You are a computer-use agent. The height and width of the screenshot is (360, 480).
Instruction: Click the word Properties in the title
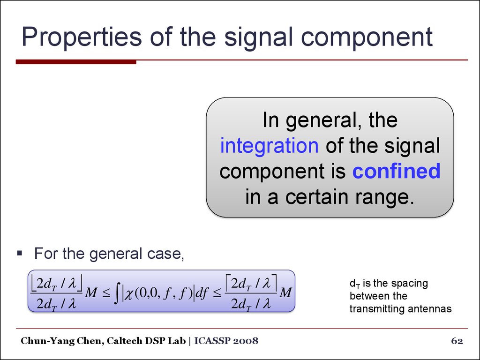tap(82, 37)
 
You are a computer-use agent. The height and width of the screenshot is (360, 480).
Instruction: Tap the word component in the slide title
tap(367, 37)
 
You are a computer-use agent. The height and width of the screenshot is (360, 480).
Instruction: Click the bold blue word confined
tap(397, 171)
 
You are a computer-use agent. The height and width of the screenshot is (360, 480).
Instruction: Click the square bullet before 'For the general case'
tap(20, 253)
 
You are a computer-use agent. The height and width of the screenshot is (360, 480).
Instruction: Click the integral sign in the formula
tap(117, 293)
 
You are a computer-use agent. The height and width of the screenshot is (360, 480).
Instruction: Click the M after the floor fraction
tap(91, 293)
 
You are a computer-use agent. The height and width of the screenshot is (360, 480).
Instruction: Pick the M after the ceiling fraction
tap(285, 293)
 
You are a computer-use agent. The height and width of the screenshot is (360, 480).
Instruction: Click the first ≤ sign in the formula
tap(106, 293)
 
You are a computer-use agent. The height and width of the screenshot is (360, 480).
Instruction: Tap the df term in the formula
tap(202, 293)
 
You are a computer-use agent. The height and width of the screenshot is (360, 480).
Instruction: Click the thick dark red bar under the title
tap(76, 62)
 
